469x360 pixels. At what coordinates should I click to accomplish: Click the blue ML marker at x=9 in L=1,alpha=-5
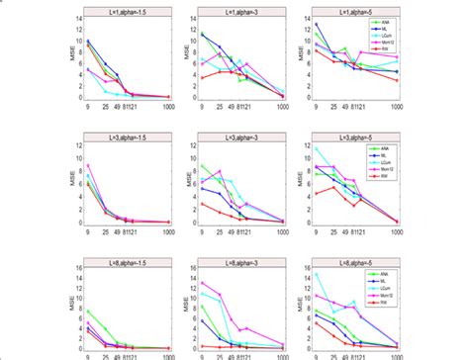coord(316,24)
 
